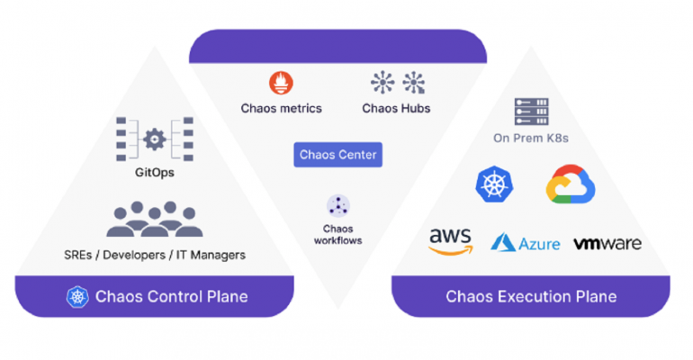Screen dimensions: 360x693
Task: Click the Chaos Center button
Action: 337,156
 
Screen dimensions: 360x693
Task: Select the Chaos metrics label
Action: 281,108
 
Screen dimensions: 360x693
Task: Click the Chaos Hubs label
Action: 396,108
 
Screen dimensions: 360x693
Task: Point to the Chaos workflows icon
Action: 337,205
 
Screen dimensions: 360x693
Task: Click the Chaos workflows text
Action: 337,234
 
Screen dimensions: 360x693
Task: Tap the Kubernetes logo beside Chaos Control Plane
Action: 79,296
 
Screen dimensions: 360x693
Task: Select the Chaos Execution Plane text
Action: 531,296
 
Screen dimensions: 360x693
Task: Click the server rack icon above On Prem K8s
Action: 531,112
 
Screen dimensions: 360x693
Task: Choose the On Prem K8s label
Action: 531,139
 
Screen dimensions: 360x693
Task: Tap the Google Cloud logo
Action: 571,184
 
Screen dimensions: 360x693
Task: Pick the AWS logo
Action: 450,241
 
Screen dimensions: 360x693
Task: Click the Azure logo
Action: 526,242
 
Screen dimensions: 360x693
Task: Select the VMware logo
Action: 607,243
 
